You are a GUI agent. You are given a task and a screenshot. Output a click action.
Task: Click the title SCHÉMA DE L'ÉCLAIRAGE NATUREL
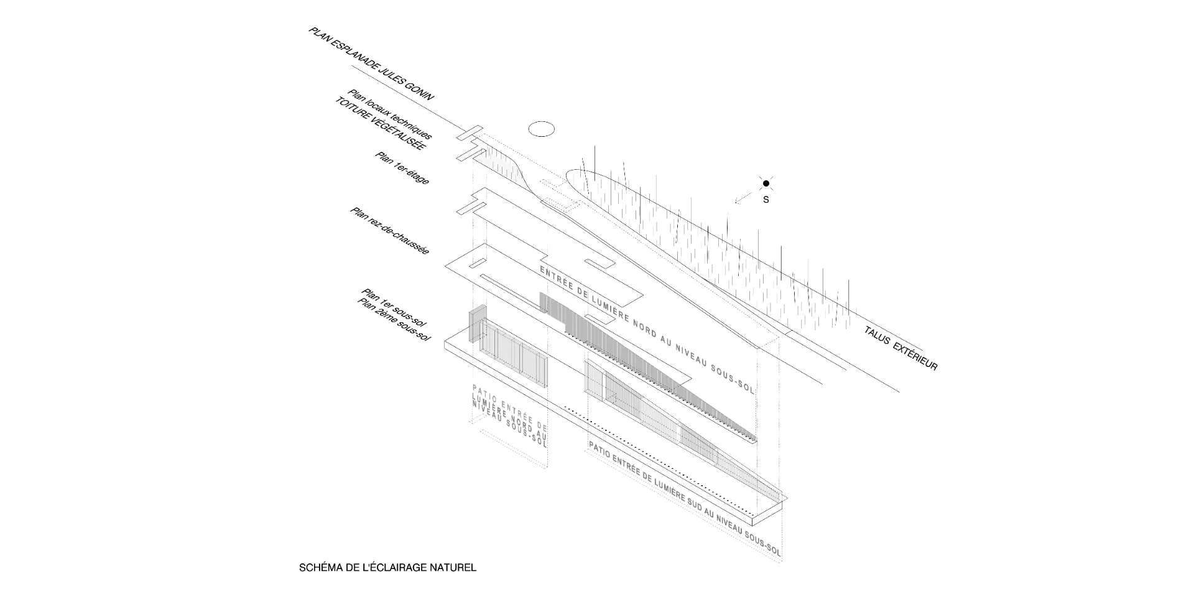[387, 568]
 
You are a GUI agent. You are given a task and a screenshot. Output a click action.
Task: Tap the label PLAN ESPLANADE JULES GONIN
[371, 63]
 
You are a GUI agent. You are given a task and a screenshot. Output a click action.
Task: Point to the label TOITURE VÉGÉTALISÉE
[380, 124]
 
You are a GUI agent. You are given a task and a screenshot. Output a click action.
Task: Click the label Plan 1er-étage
[402, 168]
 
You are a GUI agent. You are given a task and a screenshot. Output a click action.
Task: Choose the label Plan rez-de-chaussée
[390, 231]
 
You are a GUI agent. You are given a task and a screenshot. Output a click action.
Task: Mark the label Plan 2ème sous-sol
[394, 320]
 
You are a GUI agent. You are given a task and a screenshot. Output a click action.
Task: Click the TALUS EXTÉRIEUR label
[900, 348]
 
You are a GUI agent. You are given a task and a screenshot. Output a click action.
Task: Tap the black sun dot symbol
[766, 183]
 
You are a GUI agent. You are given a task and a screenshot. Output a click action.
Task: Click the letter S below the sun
[766, 200]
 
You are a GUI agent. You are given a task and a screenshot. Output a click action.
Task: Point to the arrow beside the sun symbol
[741, 198]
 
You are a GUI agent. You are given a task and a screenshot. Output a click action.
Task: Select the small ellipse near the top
[541, 129]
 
